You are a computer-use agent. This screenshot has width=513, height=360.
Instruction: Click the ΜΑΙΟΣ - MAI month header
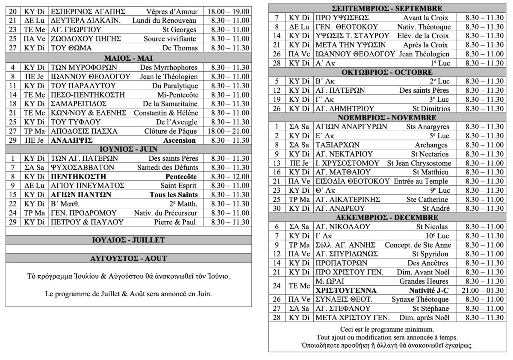pyautogui.click(x=128, y=58)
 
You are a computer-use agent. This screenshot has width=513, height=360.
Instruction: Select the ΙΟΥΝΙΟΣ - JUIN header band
pyautogui.click(x=128, y=149)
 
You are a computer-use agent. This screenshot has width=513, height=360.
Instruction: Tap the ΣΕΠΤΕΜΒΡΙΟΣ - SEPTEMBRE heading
pyautogui.click(x=387, y=8)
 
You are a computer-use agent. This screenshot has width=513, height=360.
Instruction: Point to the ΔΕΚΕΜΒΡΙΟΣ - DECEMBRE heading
pyautogui.click(x=387, y=218)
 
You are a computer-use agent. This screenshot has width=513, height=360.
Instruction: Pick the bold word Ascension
pyautogui.click(x=180, y=140)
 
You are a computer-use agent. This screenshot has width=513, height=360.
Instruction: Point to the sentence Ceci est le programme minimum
pyautogui.click(x=387, y=330)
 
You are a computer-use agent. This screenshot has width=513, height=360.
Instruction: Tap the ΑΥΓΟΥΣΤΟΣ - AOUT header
pyautogui.click(x=128, y=258)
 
